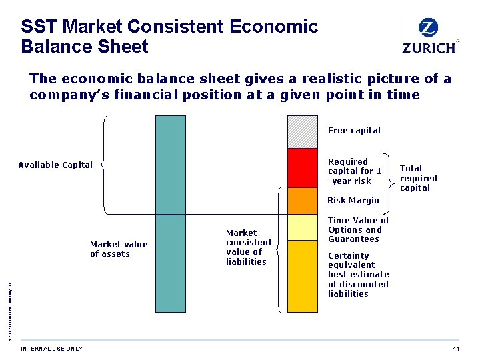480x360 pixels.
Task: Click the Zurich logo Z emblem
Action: click(429, 28)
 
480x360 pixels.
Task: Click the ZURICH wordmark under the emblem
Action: click(429, 47)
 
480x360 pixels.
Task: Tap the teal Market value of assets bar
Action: click(170, 213)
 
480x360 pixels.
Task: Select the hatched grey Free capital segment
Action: click(302, 131)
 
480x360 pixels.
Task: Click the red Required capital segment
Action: click(302, 168)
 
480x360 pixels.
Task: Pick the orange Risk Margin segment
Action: click(302, 201)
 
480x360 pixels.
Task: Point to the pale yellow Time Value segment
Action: click(302, 227)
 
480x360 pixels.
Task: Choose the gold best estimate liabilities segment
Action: click(302, 275)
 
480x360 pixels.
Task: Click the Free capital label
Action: click(354, 131)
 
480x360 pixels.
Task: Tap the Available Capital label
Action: click(55, 165)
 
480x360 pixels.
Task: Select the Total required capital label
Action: click(419, 178)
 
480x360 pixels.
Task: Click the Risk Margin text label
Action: click(353, 200)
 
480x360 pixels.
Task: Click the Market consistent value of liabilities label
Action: click(249, 247)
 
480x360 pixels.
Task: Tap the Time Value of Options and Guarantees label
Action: click(359, 229)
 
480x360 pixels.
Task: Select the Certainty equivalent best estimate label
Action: click(358, 275)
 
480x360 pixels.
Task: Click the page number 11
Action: click(456, 350)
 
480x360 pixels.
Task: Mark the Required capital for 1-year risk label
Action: click(355, 171)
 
